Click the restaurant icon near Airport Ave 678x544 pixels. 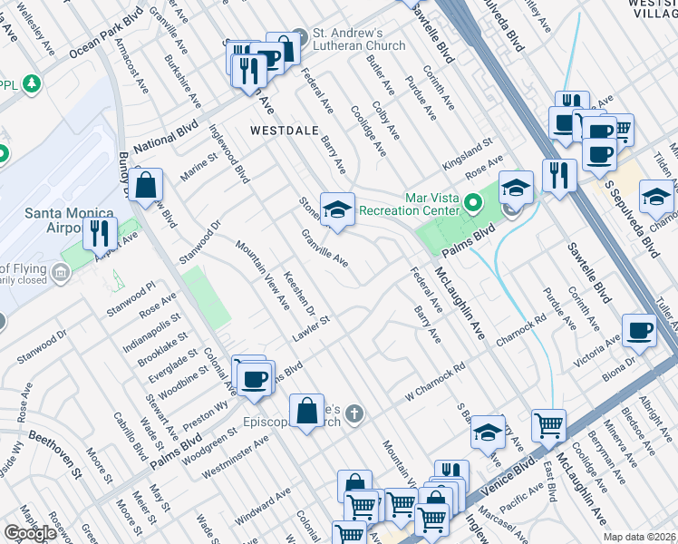(x=100, y=233)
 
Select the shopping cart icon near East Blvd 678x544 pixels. (x=548, y=423)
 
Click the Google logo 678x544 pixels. (x=30, y=533)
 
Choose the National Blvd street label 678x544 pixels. (x=165, y=140)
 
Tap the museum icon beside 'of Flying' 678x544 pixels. (x=60, y=272)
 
